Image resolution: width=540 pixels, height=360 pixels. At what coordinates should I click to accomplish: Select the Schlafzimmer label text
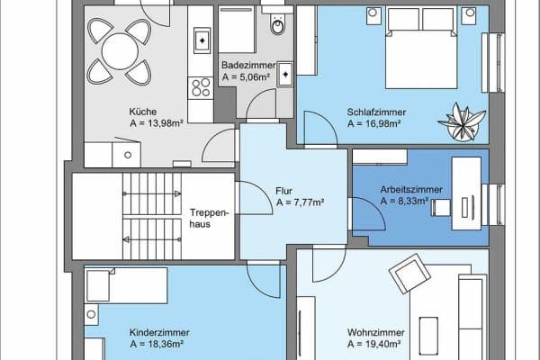pyautogui.click(x=375, y=112)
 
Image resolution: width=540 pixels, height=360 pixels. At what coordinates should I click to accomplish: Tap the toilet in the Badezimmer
pyautogui.click(x=278, y=28)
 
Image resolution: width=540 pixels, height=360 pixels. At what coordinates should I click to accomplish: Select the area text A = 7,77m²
pyautogui.click(x=300, y=202)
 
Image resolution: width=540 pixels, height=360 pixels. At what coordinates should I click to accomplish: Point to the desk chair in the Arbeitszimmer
pyautogui.click(x=440, y=207)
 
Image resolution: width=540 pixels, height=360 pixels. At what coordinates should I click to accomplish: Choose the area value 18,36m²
pyautogui.click(x=130, y=344)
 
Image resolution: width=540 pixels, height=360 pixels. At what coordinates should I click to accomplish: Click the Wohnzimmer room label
pyautogui.click(x=373, y=331)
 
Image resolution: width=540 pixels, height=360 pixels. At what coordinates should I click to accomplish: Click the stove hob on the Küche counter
pyautogui.click(x=198, y=87)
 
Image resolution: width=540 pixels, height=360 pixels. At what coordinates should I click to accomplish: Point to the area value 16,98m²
pyautogui.click(x=377, y=124)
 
